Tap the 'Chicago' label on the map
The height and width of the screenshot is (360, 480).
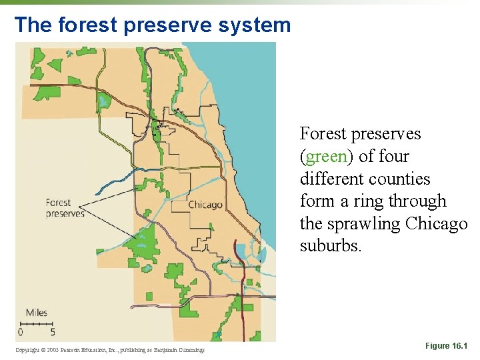(205, 205)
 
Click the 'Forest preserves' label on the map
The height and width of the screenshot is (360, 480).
(65, 208)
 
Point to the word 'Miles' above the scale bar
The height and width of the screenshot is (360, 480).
(37, 313)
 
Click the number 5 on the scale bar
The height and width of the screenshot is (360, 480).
(53, 331)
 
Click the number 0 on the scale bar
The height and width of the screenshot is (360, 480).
(21, 331)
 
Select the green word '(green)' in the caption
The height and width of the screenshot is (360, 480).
(327, 157)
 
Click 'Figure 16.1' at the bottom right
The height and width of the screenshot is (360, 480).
(446, 346)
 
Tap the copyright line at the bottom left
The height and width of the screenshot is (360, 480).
(110, 349)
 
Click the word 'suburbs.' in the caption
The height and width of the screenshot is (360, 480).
(331, 246)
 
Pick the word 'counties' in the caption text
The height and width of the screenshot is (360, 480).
(399, 179)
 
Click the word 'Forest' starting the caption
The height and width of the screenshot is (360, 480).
(323, 133)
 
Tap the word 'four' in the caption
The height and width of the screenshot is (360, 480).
(393, 156)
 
